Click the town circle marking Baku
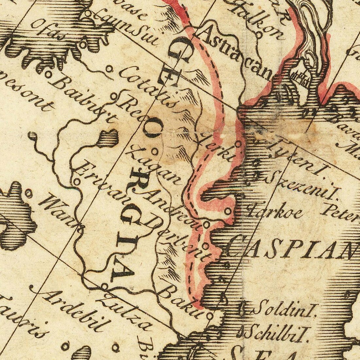coord(209,316)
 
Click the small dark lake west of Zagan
coord(107,137)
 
